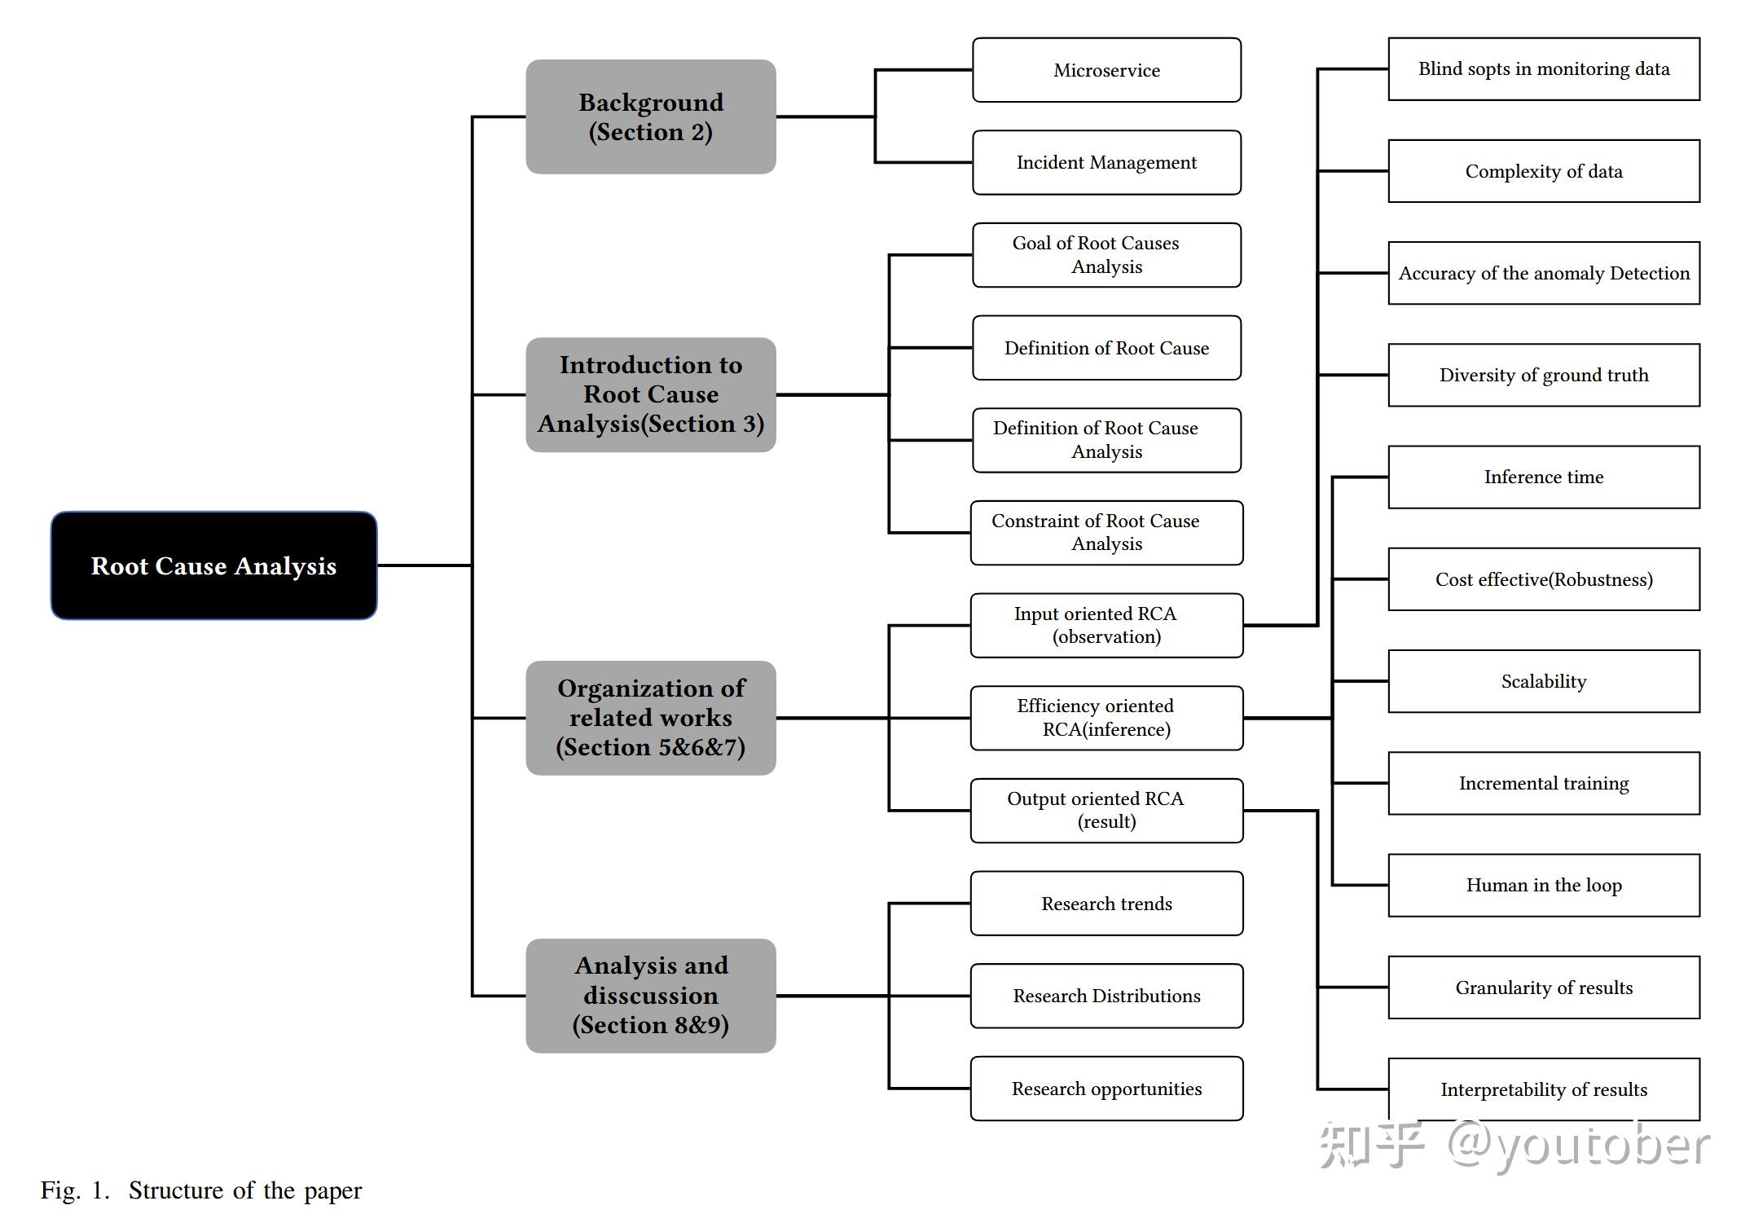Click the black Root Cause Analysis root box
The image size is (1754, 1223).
213,565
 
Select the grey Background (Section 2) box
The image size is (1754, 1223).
650,117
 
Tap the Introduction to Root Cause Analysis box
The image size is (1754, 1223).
650,394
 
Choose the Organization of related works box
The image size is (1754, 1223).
650,718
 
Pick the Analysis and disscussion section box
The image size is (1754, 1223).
650,996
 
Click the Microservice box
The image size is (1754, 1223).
1106,70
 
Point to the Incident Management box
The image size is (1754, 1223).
1106,162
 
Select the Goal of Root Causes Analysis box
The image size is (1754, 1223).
1106,255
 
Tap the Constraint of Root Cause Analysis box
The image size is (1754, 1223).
1106,533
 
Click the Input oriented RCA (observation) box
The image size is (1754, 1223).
1106,625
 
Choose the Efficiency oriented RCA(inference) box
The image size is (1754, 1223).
1106,718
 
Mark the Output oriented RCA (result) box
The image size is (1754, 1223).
1106,811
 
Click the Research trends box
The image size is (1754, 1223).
1106,904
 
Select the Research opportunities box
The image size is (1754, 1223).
1106,1089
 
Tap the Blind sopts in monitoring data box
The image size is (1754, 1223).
1544,69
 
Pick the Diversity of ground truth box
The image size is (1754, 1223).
1544,375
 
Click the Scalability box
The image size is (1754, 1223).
1544,681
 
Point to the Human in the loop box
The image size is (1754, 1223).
1544,885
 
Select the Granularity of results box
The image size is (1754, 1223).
1544,988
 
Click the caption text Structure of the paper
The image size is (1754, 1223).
244,1190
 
